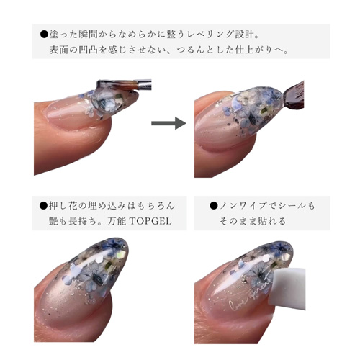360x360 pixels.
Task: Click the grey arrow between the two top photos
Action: click(168, 123)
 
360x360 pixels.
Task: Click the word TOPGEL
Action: click(150, 221)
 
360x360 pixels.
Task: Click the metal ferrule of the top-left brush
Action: click(144, 84)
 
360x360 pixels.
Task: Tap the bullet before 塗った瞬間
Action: click(44, 35)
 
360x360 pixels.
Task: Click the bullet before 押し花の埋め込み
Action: click(44, 206)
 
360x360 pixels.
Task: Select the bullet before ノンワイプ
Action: click(214, 206)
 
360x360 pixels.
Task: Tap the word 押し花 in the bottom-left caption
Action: click(63, 206)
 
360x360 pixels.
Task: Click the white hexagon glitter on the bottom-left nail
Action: click(99, 259)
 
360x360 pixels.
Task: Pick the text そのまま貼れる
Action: click(253, 221)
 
